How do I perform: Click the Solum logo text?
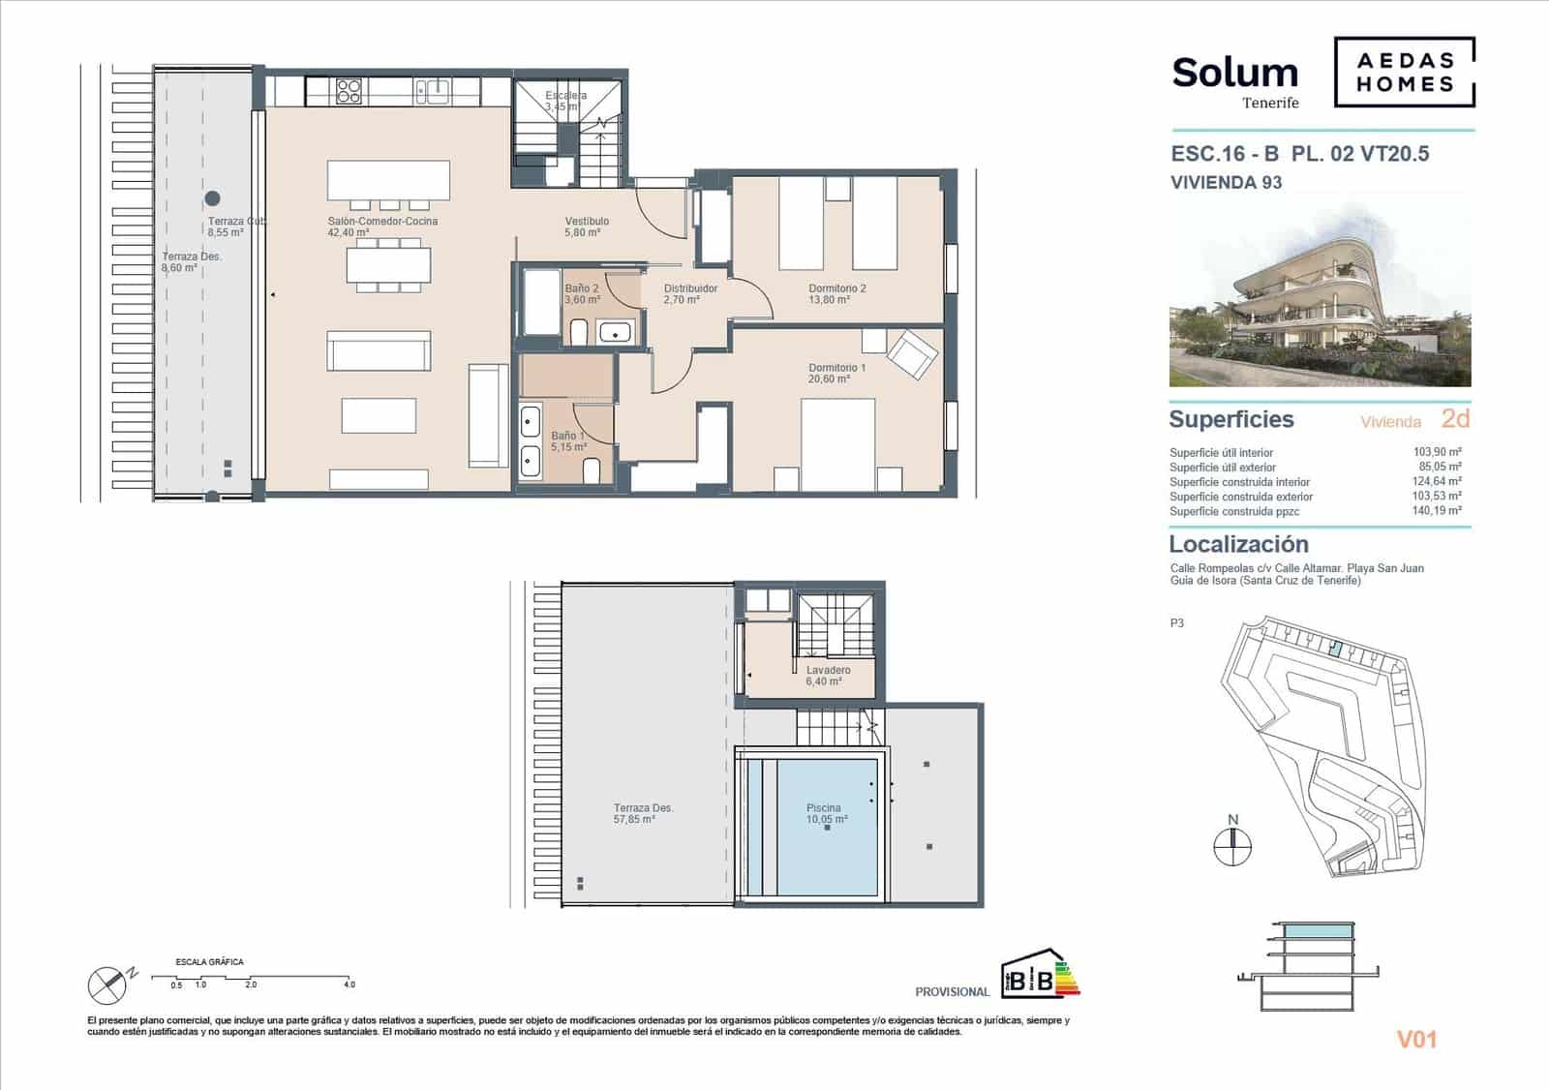pos(1234,74)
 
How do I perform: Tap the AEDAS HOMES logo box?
pos(1404,72)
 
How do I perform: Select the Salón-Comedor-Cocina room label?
pos(382,227)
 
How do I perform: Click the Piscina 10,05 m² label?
pos(826,813)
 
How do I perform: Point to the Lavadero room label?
pos(828,675)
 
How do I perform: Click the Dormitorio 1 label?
pos(836,373)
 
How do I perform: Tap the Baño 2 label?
pos(582,294)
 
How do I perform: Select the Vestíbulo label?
pos(587,227)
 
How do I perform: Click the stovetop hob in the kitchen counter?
pos(349,92)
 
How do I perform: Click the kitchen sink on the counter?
pos(432,92)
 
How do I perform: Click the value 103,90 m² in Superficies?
pos(1437,452)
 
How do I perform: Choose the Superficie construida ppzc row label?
pos(1234,511)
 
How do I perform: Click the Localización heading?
pos(1238,544)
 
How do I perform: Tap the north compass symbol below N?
pos(1232,847)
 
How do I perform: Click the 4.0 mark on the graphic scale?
pos(349,984)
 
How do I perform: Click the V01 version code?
pos(1416,1040)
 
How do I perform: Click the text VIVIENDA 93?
pos(1226,183)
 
